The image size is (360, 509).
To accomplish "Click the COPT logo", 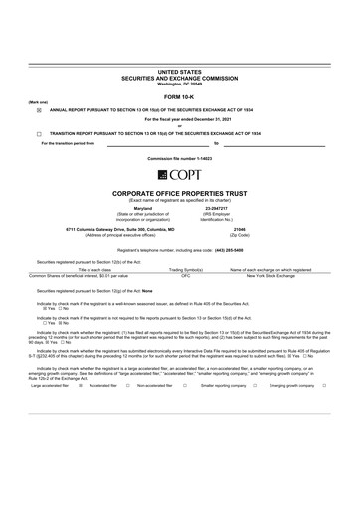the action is tap(179, 174).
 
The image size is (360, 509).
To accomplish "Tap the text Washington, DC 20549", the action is tap(179, 83).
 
